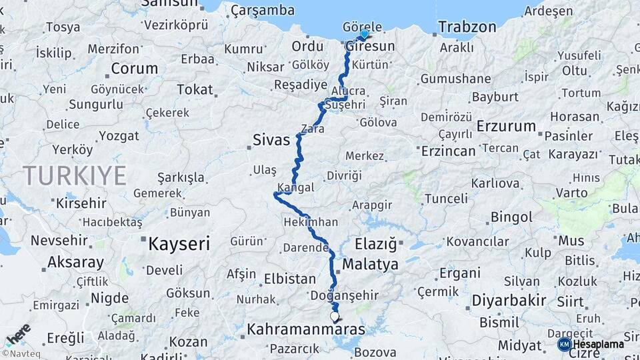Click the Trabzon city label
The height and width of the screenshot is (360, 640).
(467, 27)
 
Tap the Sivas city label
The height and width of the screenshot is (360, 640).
(271, 140)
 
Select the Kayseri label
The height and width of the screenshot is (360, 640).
(179, 243)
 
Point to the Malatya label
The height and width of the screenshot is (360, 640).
(370, 265)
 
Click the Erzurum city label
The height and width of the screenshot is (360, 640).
(506, 126)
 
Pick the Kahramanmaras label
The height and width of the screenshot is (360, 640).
(306, 329)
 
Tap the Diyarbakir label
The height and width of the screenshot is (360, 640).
(509, 300)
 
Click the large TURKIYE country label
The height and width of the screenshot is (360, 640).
(75, 175)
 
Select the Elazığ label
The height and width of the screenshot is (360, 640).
(375, 243)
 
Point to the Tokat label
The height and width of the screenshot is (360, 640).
(195, 89)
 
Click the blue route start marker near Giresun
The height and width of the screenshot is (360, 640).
(364, 34)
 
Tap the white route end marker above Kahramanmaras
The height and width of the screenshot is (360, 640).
(335, 316)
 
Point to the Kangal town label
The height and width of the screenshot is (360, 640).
(294, 188)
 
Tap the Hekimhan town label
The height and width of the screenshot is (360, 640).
(310, 222)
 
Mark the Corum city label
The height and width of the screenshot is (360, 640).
(134, 69)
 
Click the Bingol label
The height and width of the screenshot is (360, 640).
(511, 217)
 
